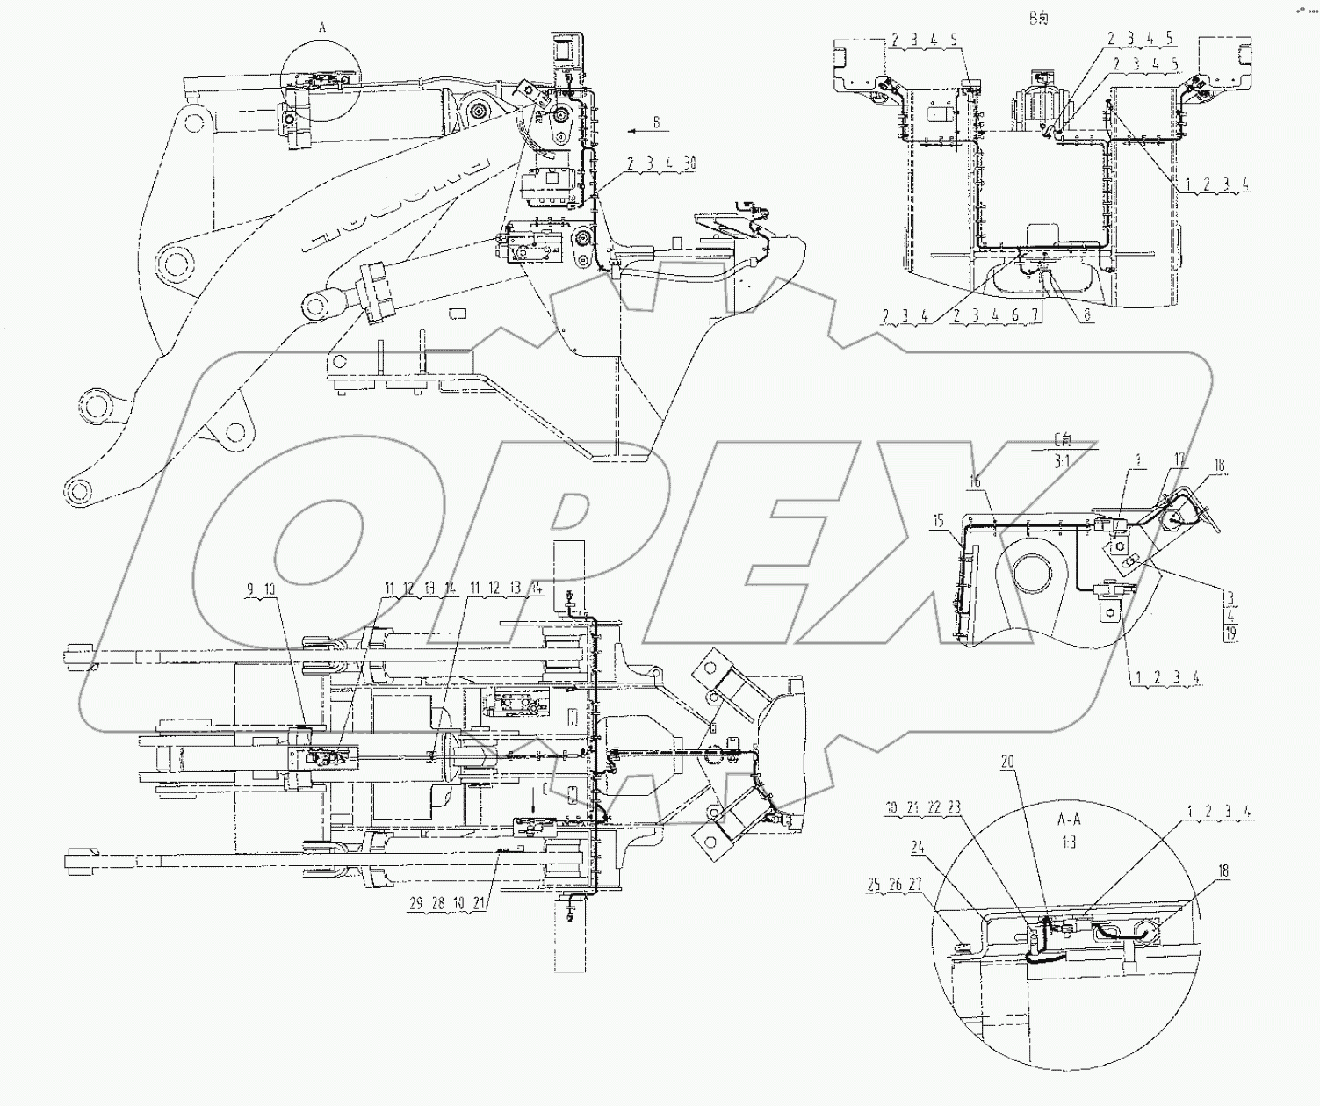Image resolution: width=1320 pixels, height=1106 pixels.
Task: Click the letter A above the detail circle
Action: [x=321, y=28]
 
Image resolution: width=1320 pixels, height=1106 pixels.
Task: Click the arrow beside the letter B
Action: [x=637, y=129]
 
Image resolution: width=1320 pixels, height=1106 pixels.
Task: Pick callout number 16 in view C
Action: [x=976, y=481]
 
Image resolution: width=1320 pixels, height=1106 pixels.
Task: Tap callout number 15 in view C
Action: [x=939, y=521]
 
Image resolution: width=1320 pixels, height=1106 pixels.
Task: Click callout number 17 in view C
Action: [x=1179, y=459]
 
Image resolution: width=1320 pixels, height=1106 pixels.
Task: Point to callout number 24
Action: [x=918, y=848]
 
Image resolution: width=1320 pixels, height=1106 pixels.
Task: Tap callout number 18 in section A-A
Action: [x=1223, y=871]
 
